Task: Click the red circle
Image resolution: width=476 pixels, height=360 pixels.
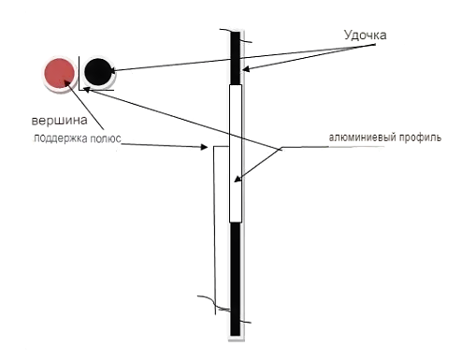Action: [x=59, y=74]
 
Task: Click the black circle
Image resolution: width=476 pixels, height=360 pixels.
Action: [x=98, y=71]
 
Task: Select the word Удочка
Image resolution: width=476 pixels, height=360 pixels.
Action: [x=365, y=36]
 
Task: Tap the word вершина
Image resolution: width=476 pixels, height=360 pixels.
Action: [x=59, y=121]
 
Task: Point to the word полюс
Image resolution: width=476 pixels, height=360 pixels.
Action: [x=106, y=138]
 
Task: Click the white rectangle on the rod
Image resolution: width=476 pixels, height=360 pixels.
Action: [x=236, y=153]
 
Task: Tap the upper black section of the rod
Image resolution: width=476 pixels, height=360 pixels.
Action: [x=236, y=58]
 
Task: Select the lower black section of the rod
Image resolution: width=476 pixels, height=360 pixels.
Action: [x=236, y=280]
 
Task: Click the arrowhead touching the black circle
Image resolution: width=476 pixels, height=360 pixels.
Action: [x=113, y=71]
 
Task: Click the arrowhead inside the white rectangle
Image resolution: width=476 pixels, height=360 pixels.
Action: [x=238, y=180]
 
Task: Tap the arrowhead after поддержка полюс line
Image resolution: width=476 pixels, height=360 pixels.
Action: [x=205, y=147]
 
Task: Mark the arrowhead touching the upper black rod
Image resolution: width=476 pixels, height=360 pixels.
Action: [x=246, y=69]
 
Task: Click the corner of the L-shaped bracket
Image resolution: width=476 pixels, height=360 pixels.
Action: [x=79, y=90]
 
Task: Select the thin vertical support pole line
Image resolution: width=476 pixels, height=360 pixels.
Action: [x=214, y=230]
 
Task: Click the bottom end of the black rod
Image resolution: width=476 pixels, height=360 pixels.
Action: [x=236, y=336]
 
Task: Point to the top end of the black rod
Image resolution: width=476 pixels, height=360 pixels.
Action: [x=236, y=32]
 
